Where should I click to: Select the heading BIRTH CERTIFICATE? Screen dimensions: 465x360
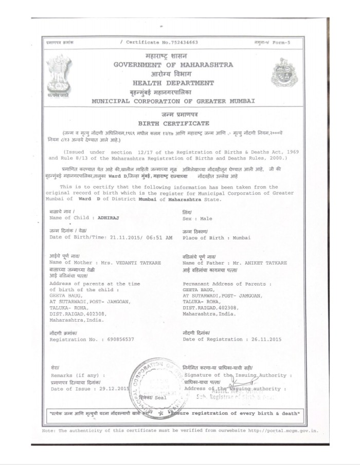[x=173, y=123]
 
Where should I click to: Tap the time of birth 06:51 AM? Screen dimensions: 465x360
[x=149, y=237]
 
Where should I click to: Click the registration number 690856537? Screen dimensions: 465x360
[x=118, y=339]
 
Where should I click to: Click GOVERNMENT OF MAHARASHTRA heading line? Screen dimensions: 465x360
[x=173, y=65]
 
